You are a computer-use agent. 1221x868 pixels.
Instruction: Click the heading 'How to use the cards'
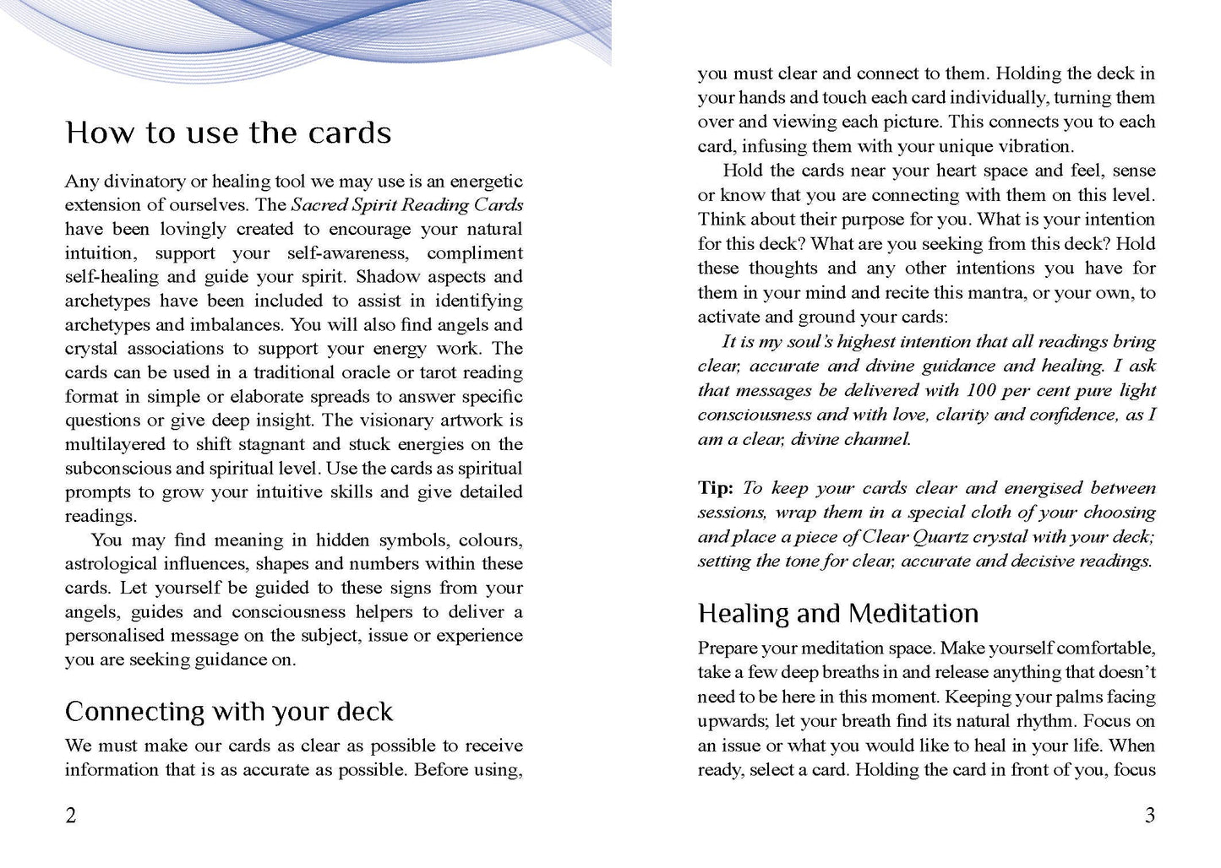(x=228, y=133)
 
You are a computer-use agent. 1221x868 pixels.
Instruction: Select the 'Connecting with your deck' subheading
(x=228, y=712)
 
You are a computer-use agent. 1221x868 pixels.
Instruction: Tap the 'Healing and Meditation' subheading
(x=838, y=613)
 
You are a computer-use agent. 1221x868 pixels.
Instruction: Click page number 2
(x=71, y=815)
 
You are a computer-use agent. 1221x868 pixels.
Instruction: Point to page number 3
(x=1149, y=815)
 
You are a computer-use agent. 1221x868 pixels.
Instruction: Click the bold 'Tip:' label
(x=716, y=488)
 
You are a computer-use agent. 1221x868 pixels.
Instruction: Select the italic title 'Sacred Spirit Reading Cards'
(x=406, y=205)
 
